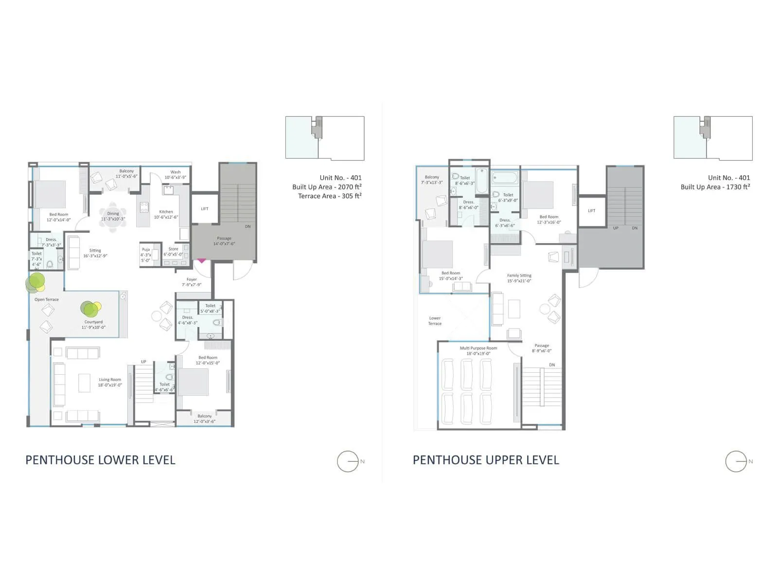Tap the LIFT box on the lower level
click(205, 209)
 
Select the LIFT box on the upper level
click(591, 211)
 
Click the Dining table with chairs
click(113, 213)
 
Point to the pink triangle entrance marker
click(201, 261)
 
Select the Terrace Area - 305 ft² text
click(330, 196)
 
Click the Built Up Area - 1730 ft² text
click(715, 187)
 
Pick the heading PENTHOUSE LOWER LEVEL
click(100, 460)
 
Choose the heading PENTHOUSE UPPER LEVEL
click(486, 460)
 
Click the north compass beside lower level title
click(349, 461)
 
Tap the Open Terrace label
click(47, 300)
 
